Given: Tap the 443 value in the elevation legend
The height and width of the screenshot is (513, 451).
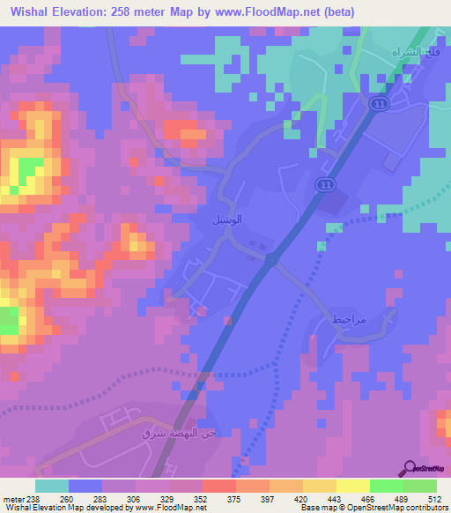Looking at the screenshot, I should click(334, 498).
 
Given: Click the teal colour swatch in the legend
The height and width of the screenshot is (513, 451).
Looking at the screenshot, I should click(52, 486).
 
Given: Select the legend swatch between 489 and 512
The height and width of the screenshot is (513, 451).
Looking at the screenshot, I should click(419, 486).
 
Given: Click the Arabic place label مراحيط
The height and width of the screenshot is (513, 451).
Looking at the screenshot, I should click(349, 320).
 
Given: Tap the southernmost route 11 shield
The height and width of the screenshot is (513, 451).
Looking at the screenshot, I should click(324, 183).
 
